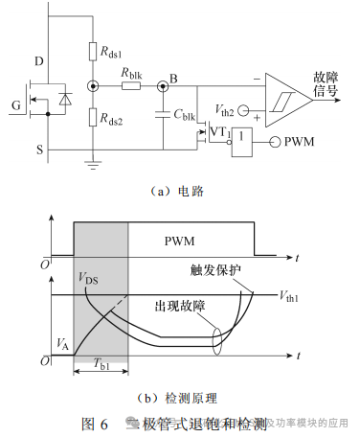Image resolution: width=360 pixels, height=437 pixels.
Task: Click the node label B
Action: [172, 76]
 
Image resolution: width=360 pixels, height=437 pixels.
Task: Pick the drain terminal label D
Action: [38, 62]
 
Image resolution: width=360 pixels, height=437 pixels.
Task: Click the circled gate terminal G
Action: [15, 105]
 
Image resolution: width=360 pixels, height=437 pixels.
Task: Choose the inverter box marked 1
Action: [247, 141]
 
